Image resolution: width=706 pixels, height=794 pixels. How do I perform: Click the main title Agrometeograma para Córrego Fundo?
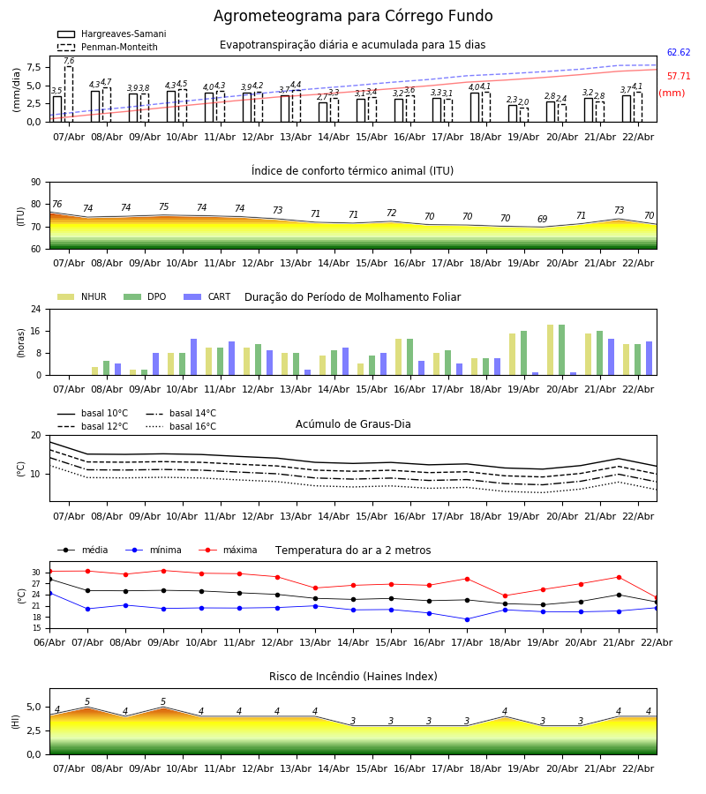[353, 17]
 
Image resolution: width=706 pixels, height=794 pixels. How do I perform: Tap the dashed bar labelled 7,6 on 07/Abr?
[69, 94]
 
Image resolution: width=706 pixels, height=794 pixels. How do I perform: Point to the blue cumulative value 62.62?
[678, 53]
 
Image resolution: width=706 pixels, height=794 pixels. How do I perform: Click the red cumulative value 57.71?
[678, 77]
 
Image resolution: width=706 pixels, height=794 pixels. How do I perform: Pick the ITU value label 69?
[543, 220]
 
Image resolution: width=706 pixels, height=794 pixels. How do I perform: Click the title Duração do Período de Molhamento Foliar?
[352, 297]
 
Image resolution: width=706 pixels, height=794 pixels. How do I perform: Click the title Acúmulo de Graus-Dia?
[353, 424]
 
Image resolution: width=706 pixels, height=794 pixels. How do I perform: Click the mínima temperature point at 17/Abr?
[467, 619]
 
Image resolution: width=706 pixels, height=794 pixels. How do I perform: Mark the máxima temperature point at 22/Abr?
[656, 598]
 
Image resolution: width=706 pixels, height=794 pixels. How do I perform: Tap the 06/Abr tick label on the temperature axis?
[49, 641]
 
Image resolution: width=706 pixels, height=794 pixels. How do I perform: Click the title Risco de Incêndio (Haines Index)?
[353, 677]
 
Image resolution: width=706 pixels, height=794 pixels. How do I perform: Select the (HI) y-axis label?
[16, 722]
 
